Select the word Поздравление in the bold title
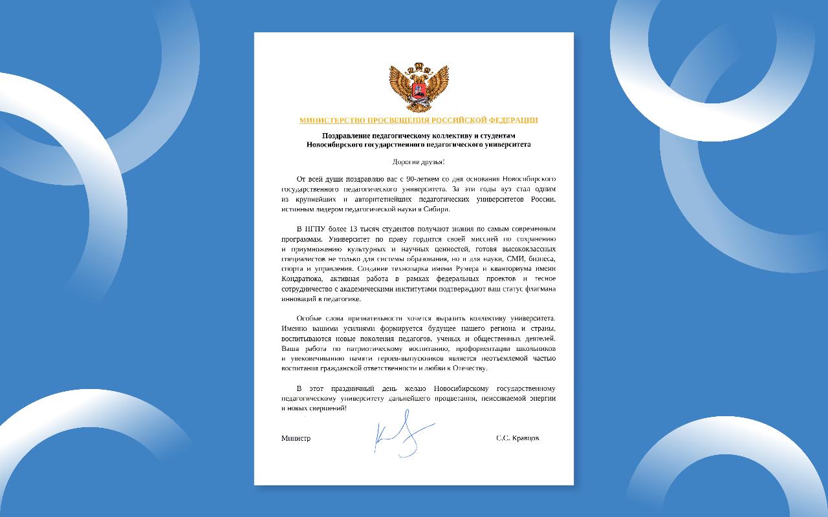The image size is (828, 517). click(x=351, y=135)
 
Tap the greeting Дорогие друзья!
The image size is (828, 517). click(x=419, y=161)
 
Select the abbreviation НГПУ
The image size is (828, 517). click(x=310, y=229)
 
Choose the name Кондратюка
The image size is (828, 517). click(x=300, y=279)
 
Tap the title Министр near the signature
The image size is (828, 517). click(x=296, y=438)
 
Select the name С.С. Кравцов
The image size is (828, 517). click(x=517, y=438)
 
